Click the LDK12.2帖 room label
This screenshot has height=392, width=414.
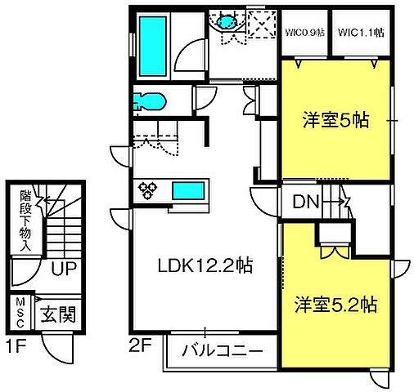tap(205, 265)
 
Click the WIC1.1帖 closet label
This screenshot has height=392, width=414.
tap(361, 33)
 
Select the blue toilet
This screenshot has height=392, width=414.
tap(149, 101)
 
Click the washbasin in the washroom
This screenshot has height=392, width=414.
tap(222, 22)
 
